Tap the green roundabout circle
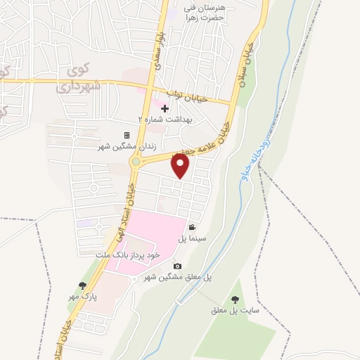click(135, 162)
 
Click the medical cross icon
click(165, 108)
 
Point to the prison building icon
click(127, 135)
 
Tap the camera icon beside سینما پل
click(191, 227)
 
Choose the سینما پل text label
click(190, 239)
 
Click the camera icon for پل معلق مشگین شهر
click(177, 266)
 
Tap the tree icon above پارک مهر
click(83, 285)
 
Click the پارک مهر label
click(83, 297)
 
